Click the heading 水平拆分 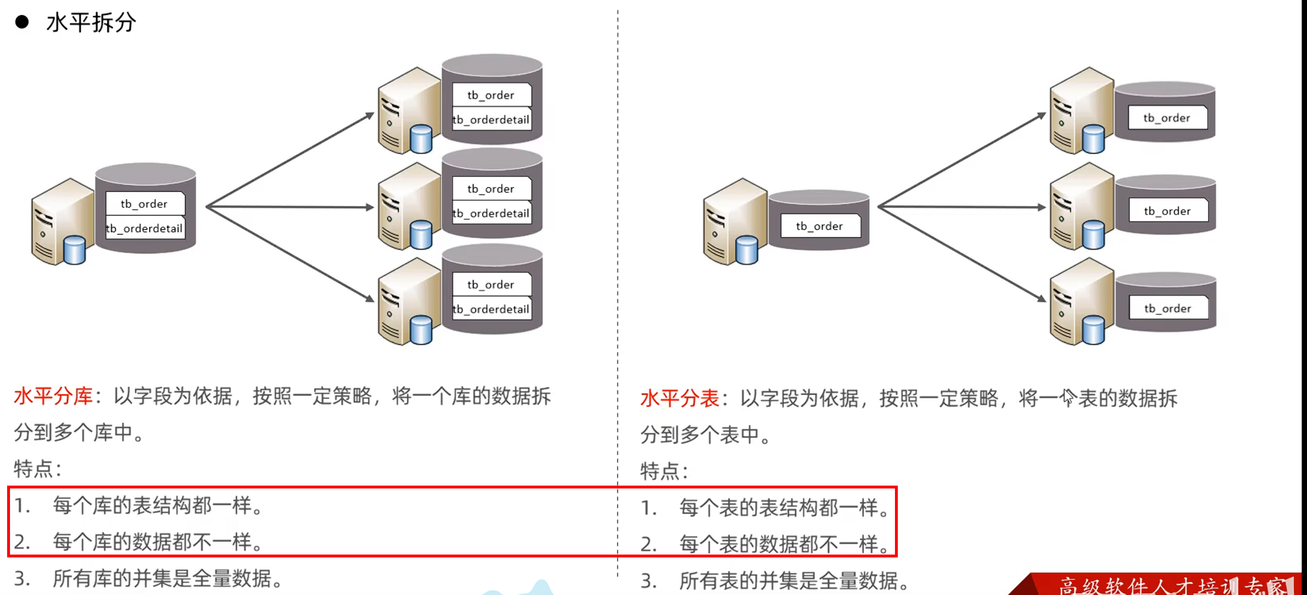tap(91, 22)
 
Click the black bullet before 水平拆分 tap(22, 22)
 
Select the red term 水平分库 tap(53, 396)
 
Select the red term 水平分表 tap(679, 398)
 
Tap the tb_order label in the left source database tap(144, 204)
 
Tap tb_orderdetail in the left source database tap(144, 229)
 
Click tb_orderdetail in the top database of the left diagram tap(491, 120)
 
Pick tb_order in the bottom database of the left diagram tap(491, 284)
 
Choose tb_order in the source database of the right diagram tap(819, 226)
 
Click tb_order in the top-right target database tap(1167, 117)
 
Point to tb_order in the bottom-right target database tap(1168, 308)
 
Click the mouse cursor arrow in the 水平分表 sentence tap(1068, 396)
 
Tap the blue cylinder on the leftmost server tap(75, 250)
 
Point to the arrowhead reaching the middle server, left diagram tap(370, 207)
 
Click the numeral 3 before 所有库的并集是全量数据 tap(21, 578)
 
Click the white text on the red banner tap(1172, 586)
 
